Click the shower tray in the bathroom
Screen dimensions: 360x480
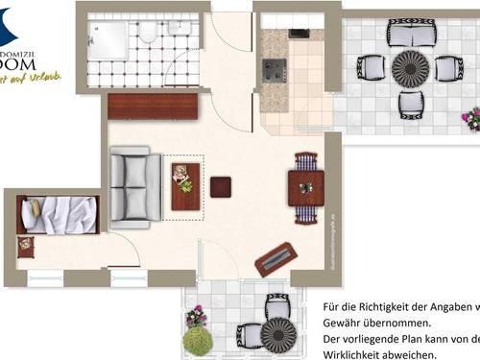coord(108,41)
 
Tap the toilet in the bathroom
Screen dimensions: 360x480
coord(148,33)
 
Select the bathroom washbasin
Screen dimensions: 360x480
coord(180,28)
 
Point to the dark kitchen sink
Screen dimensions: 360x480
coord(299,33)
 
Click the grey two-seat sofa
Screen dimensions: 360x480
coord(135,186)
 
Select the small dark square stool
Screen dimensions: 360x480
coord(221,186)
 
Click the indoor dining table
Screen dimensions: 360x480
coord(305,187)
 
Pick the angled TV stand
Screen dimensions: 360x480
coord(276,258)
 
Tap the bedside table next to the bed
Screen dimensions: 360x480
coord(25,246)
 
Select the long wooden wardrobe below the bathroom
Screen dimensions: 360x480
coord(153,106)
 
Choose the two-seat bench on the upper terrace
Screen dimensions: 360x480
coord(410,36)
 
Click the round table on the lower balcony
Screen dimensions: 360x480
coord(279,335)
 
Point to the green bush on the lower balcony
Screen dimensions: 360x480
coord(198,340)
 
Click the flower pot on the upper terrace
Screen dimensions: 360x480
coord(471,119)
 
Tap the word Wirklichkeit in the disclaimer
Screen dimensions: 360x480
coord(356,354)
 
